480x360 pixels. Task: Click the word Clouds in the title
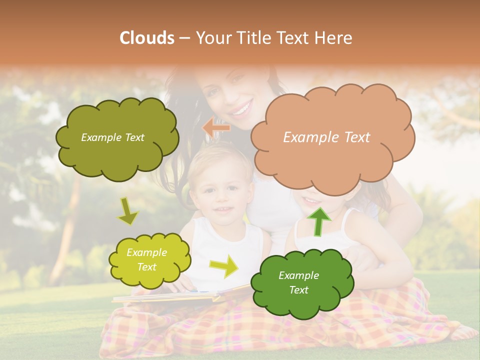pos(146,38)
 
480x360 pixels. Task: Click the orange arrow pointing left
pos(216,128)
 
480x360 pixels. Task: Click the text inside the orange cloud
pos(326,137)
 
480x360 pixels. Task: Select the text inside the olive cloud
pos(112,137)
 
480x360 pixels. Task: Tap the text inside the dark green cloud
pos(298,282)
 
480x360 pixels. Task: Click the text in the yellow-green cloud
pos(146,260)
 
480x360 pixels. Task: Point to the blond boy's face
pos(220,192)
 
